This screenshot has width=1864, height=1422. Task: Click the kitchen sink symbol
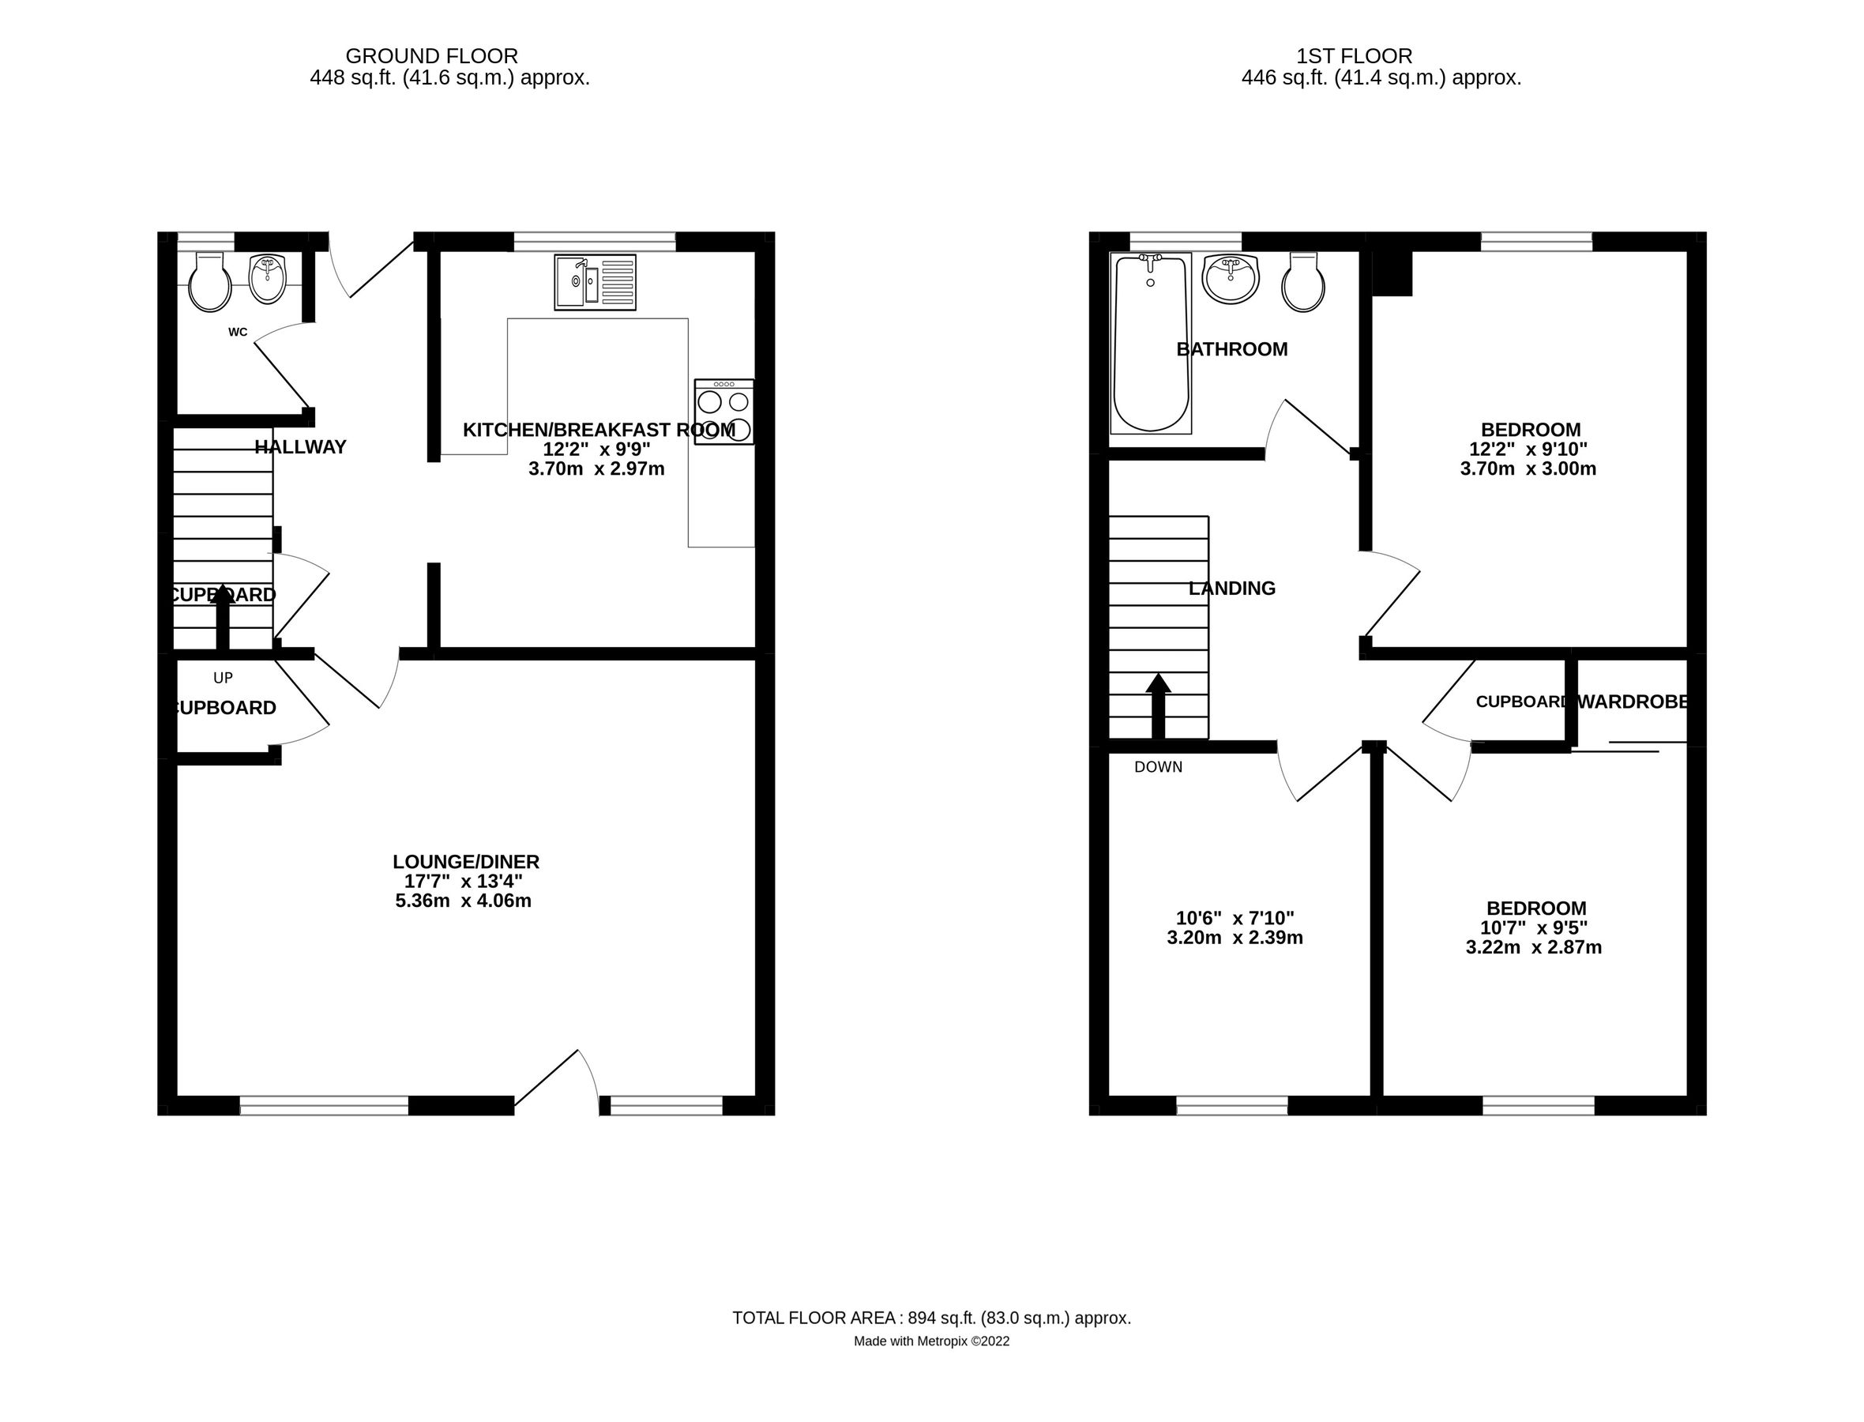[x=595, y=282]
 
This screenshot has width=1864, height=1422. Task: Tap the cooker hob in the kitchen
[x=723, y=412]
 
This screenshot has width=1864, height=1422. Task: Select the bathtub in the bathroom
[x=1150, y=343]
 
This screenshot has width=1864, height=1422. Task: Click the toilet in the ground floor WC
[x=209, y=282]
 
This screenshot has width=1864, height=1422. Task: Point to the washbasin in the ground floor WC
[x=269, y=280]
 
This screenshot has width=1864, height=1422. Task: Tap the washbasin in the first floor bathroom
[x=1231, y=277]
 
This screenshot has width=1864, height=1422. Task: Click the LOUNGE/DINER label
[x=465, y=862]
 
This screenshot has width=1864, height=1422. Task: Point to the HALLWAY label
[x=300, y=447]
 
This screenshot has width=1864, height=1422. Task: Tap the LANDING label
[x=1231, y=589]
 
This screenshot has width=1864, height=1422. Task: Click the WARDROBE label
[x=1633, y=702]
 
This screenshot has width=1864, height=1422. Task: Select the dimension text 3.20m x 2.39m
[x=1235, y=938]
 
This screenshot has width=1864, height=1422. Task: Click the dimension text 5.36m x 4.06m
[x=463, y=901]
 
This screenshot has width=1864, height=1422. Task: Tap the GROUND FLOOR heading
[x=431, y=56]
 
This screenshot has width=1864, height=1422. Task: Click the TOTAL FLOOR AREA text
[x=930, y=1318]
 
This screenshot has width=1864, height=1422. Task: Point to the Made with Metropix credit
[x=930, y=1341]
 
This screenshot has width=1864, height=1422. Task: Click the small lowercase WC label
[x=238, y=332]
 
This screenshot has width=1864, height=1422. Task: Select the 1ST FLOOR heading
[x=1354, y=56]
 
